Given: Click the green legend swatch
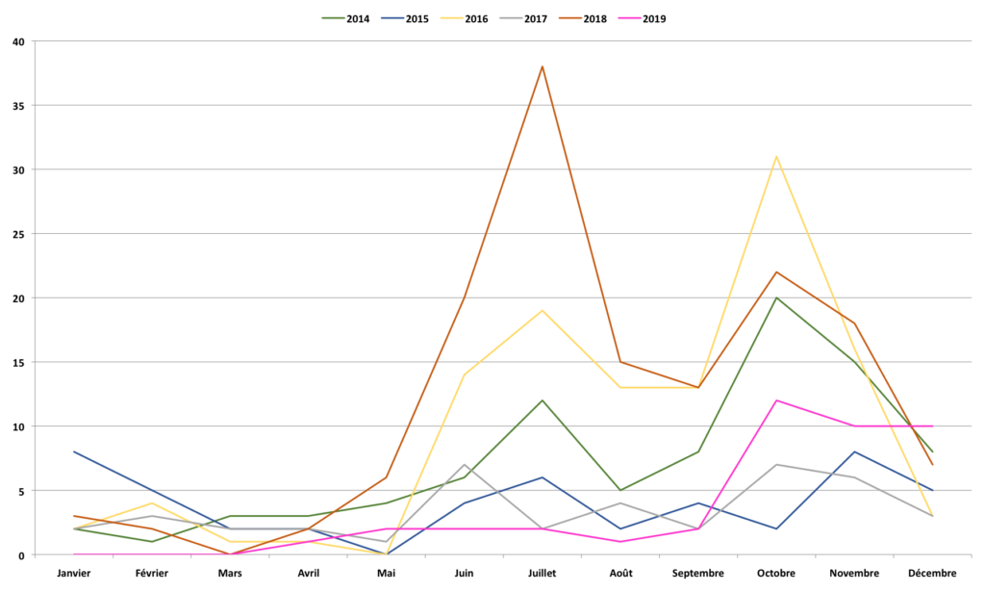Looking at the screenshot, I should point(334,17).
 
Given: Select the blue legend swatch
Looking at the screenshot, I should point(393,17).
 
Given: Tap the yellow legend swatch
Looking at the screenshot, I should point(452,17).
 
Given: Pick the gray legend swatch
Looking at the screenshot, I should point(512,17).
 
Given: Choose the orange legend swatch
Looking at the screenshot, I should point(570,17).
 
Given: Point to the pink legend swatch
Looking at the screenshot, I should point(629,17).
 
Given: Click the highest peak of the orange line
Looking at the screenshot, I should point(543,66).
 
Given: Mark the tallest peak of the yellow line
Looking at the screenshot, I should point(776,156).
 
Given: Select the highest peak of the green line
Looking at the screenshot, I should point(776,297).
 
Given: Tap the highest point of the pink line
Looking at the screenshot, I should point(776,400).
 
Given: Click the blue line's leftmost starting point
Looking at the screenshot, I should point(74,451).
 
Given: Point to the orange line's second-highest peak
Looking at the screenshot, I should point(776,271).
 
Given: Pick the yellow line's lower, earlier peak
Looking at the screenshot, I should point(543,310).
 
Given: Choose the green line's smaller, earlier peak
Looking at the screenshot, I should point(543,399).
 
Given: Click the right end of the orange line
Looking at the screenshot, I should point(933,464).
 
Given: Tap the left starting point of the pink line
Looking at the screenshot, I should point(74,553).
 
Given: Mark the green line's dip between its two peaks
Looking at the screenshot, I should point(620,490).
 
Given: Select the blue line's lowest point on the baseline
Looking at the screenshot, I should point(386,553).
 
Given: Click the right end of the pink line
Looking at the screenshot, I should point(933,425).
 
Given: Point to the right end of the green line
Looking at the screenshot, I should point(933,451).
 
